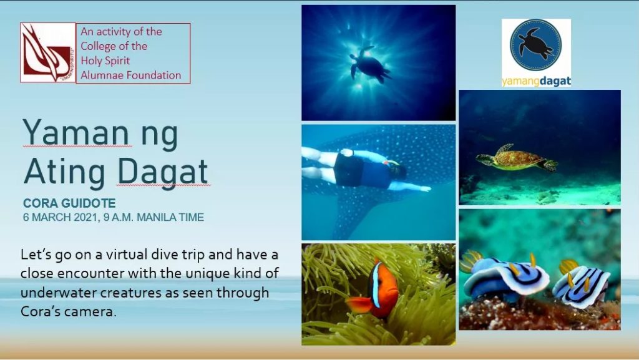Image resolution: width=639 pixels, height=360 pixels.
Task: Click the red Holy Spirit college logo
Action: [x=48, y=52]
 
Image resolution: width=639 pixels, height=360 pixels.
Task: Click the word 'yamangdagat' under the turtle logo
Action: [x=536, y=81]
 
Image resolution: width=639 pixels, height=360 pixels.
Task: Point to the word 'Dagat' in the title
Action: [x=163, y=172]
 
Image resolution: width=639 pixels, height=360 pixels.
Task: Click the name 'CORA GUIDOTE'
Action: [x=69, y=203]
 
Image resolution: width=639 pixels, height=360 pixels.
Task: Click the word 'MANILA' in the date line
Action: [x=156, y=217]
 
